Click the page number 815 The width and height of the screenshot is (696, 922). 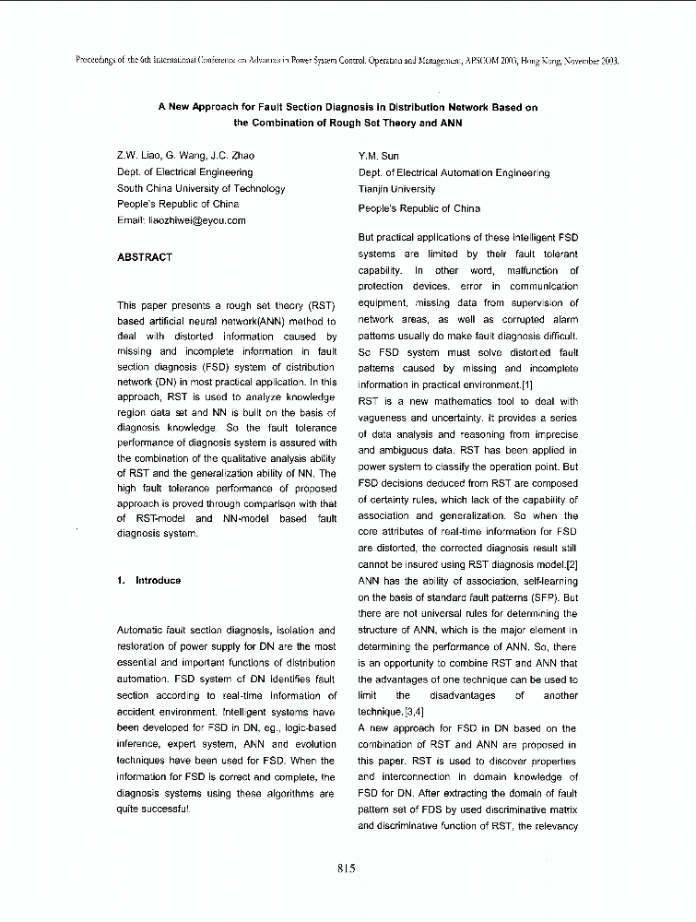(x=348, y=867)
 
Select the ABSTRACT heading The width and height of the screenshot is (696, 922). (x=145, y=257)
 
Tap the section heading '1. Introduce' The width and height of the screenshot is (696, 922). (x=149, y=581)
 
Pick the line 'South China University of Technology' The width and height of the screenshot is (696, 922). (x=201, y=189)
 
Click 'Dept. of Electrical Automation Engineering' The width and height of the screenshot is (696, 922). (x=454, y=173)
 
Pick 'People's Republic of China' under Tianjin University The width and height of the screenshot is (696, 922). (x=419, y=209)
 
